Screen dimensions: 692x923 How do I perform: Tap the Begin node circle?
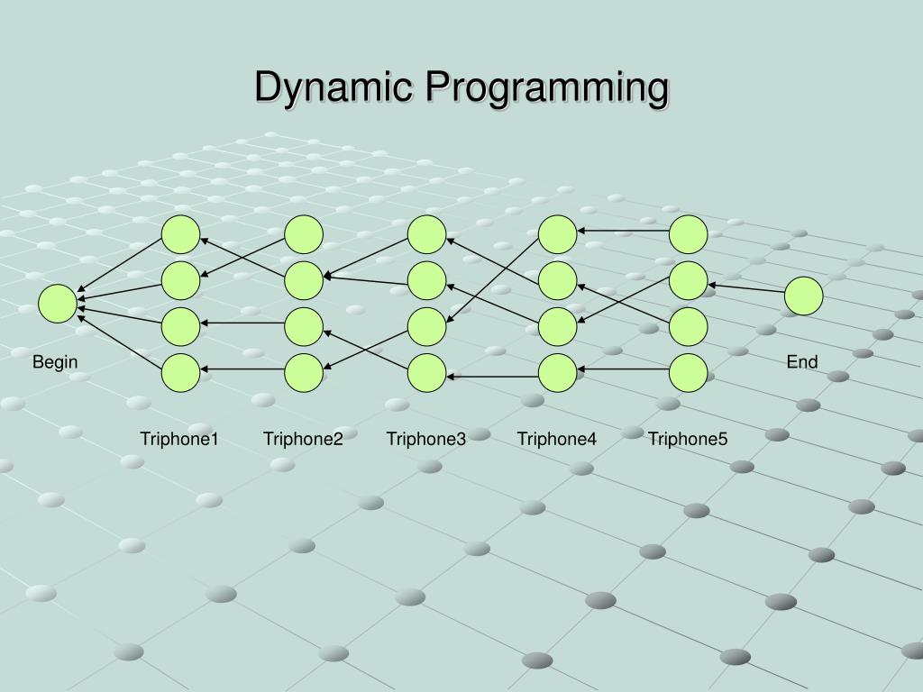58,304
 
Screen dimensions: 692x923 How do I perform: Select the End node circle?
803,296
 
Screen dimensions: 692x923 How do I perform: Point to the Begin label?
56,362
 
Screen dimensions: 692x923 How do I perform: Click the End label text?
801,362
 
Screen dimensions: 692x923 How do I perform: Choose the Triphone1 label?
179,439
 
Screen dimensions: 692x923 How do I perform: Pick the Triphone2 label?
303,439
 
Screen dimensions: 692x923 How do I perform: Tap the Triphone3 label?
426,439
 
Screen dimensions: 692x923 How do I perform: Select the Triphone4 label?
557,439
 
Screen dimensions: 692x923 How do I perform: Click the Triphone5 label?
688,439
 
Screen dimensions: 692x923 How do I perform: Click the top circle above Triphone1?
180,234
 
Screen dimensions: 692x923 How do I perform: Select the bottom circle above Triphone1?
180,373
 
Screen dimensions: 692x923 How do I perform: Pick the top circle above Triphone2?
304,234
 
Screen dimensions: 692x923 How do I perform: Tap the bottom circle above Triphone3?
426,373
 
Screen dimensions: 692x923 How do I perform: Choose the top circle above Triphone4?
557,234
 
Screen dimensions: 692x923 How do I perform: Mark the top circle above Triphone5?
689,234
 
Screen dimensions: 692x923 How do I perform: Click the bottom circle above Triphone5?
689,373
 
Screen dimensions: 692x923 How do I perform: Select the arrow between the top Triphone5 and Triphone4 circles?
623,231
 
